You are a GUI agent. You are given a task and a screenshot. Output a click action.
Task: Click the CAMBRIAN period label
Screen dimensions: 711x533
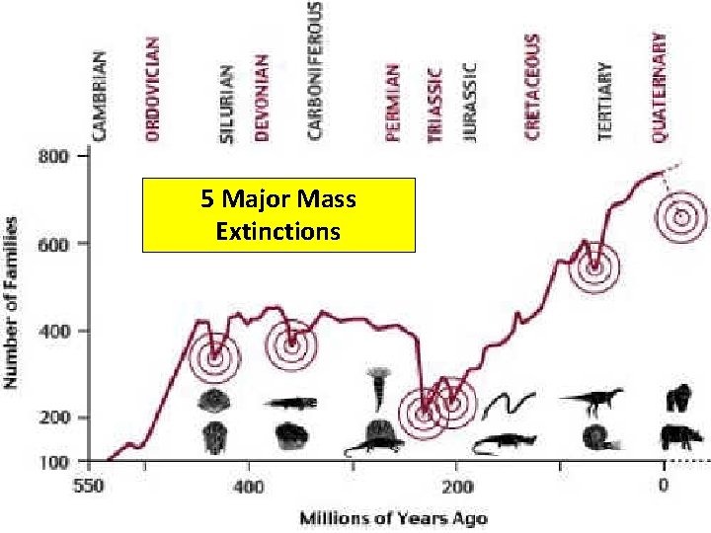99,96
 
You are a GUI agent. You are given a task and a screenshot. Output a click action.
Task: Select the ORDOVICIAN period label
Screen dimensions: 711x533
152,89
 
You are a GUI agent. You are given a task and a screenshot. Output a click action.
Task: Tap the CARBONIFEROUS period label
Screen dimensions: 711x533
314,70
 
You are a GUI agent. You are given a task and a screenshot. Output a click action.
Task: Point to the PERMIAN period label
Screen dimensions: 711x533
392,103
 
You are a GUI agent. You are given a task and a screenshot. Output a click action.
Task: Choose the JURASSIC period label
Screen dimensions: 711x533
469,103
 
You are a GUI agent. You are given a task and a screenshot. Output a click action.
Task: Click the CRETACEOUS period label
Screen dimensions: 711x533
532,87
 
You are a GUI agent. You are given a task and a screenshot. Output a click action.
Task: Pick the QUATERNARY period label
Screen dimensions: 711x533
659,88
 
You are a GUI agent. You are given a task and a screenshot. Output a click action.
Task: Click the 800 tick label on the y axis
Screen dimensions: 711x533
53,157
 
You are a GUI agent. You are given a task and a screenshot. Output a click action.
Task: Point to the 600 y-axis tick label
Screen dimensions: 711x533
53,245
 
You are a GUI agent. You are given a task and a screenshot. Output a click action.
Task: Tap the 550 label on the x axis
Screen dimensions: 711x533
89,487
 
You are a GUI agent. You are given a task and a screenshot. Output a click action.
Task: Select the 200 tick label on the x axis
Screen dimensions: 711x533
458,487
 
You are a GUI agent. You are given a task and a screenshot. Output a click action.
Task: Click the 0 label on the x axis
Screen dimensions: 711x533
664,486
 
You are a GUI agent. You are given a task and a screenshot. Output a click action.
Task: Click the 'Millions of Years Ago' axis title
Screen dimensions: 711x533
394,518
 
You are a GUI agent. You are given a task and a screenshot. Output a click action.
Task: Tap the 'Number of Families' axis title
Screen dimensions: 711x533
10,303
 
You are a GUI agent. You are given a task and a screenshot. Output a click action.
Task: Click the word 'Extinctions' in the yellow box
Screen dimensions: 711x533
277,231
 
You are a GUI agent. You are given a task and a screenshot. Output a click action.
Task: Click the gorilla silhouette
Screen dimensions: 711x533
678,398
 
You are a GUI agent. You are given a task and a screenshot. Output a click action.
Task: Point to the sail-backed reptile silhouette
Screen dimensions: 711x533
374,437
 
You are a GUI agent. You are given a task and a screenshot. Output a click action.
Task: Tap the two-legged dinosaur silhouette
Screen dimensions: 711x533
592,402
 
